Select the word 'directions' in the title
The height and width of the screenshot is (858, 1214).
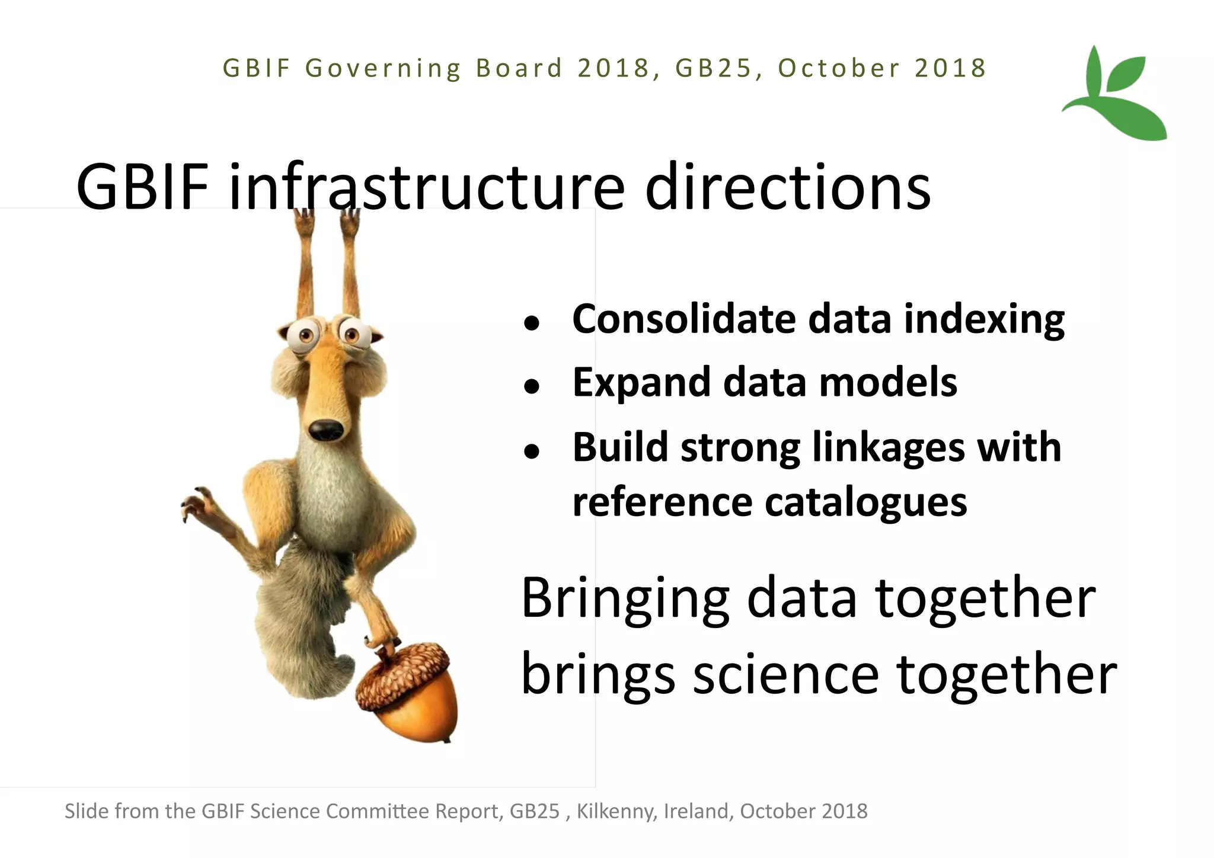tap(788, 187)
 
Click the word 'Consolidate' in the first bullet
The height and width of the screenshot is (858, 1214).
tap(683, 319)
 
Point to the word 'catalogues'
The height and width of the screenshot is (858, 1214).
tap(866, 503)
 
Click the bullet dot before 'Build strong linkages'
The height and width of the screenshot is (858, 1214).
tap(532, 452)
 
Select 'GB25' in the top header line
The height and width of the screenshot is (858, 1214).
tap(713, 68)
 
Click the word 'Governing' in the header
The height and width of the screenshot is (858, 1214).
tap(383, 69)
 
